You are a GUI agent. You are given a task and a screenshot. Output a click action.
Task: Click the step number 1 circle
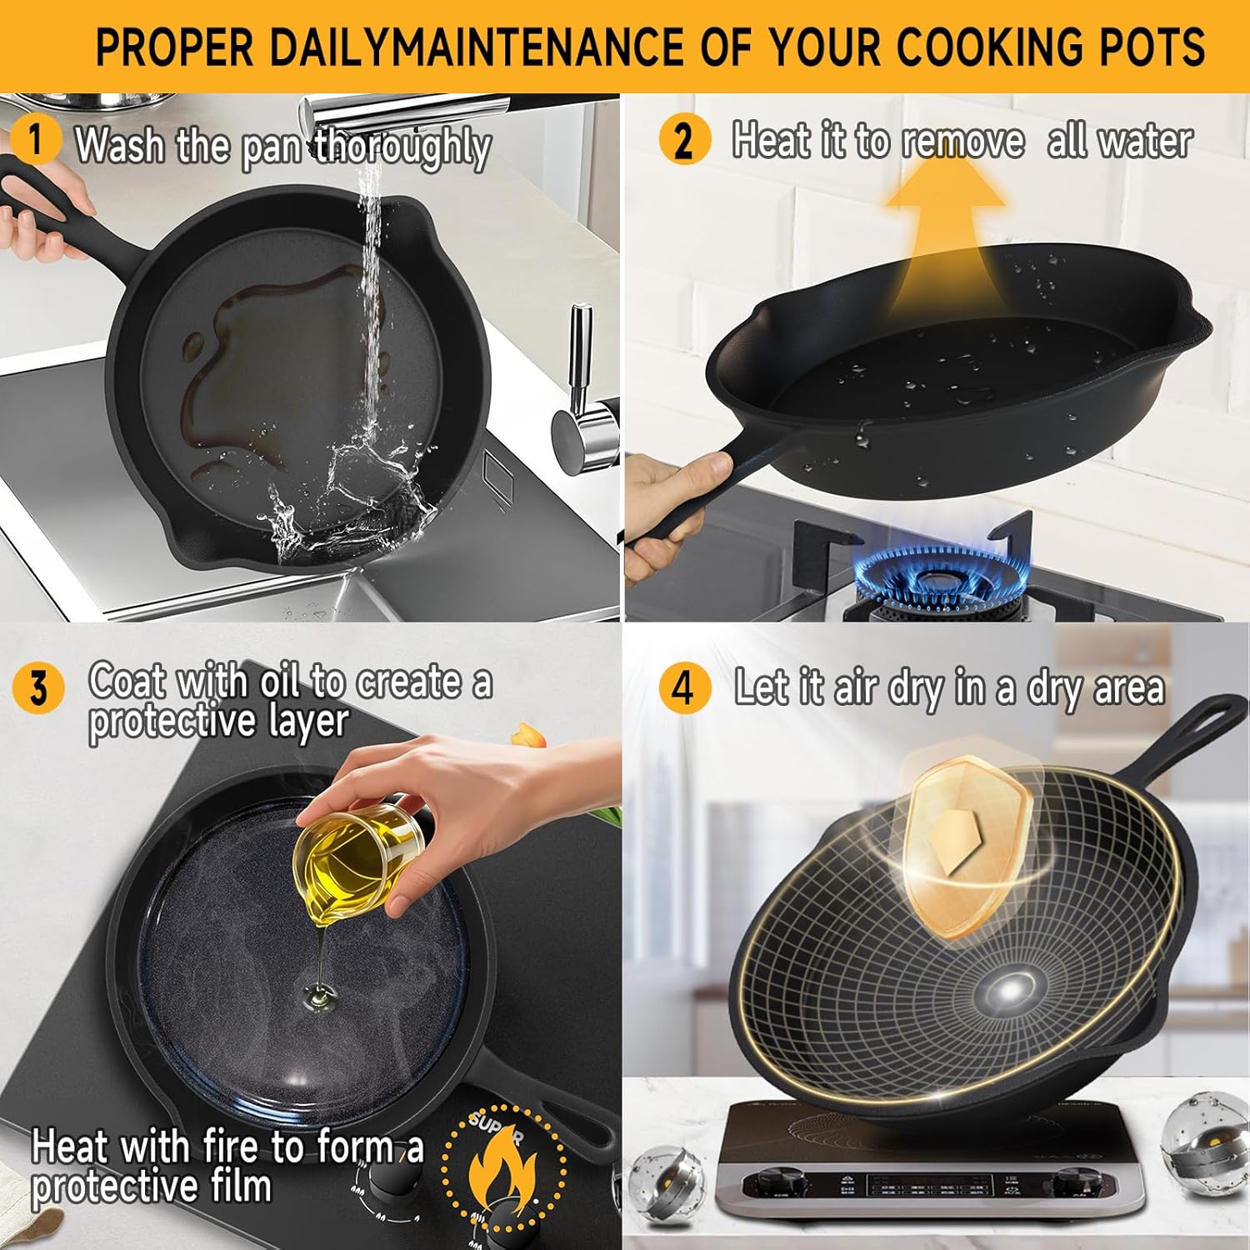point(35,139)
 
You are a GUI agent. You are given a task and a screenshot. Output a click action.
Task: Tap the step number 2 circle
point(683,139)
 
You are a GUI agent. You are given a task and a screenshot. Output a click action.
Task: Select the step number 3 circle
point(38,689)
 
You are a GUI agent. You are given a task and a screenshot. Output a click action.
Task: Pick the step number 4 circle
point(683,689)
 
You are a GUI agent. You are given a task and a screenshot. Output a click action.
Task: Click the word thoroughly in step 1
point(402,147)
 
